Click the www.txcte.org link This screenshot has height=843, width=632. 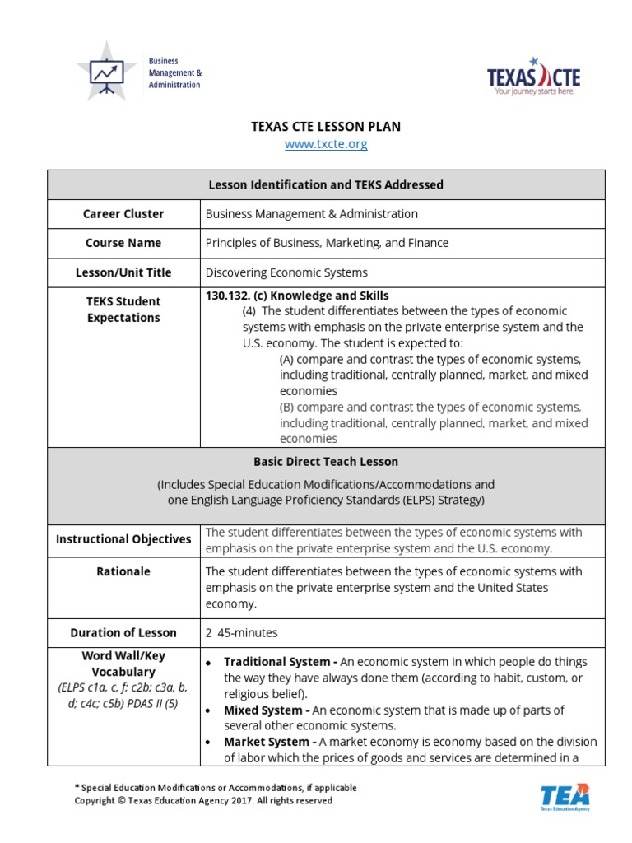point(326,145)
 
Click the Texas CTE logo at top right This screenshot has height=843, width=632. point(533,77)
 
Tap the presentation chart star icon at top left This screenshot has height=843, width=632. point(106,72)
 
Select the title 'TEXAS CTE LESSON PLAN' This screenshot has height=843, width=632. point(326,126)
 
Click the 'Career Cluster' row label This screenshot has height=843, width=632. point(123,214)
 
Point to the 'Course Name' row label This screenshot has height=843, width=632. point(123,243)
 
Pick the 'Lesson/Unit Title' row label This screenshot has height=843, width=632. point(123,272)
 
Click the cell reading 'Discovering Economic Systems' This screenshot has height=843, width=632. point(286,272)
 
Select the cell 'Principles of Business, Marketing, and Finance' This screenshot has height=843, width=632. point(327,243)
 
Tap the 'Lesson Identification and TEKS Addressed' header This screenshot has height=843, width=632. point(326,185)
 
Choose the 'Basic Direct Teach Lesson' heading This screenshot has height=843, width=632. point(326,462)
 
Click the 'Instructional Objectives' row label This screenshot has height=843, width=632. point(123,540)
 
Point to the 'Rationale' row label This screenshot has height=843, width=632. point(123,571)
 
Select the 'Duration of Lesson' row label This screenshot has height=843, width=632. point(123,633)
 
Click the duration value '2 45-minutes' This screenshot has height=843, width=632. point(242,633)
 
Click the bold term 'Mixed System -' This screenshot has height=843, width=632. point(267,710)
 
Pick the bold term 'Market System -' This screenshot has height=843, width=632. point(270,742)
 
